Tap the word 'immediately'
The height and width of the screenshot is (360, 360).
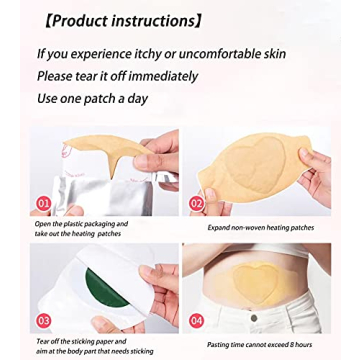[x=160, y=76]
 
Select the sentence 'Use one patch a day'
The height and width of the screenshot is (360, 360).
[x=92, y=98]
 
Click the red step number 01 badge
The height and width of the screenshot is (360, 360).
[x=43, y=203]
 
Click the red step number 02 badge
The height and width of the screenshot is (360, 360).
[x=197, y=203]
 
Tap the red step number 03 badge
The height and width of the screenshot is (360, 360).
[x=42, y=319]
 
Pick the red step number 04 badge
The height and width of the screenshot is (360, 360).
[x=197, y=319]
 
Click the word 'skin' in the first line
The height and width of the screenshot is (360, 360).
[x=273, y=54]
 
